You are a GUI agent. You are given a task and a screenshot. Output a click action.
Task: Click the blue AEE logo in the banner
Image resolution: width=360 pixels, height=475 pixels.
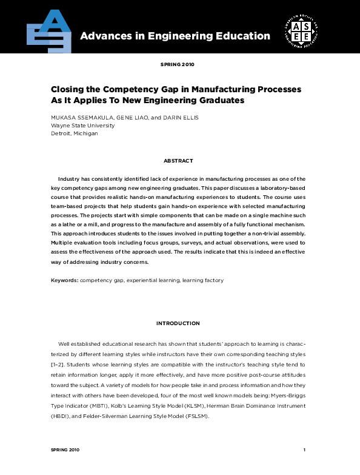[49, 30]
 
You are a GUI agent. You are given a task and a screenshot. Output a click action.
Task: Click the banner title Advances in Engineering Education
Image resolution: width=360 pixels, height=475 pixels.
[175, 36]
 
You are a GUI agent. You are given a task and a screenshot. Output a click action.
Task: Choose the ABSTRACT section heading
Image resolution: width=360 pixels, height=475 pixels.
[178, 161]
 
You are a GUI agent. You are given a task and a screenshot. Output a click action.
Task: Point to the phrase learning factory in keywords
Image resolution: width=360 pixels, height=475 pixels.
[205, 281]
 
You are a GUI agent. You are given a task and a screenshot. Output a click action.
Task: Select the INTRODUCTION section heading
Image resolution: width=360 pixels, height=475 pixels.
[178, 323]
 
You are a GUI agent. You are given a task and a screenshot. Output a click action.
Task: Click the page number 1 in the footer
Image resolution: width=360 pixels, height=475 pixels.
[304, 450]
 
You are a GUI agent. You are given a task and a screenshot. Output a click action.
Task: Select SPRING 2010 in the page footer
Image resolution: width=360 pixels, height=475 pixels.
[65, 450]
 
